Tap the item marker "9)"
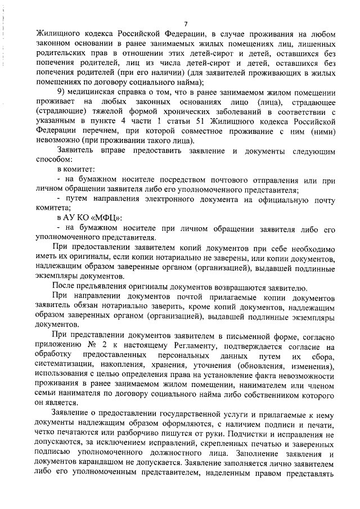pos(62,91)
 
